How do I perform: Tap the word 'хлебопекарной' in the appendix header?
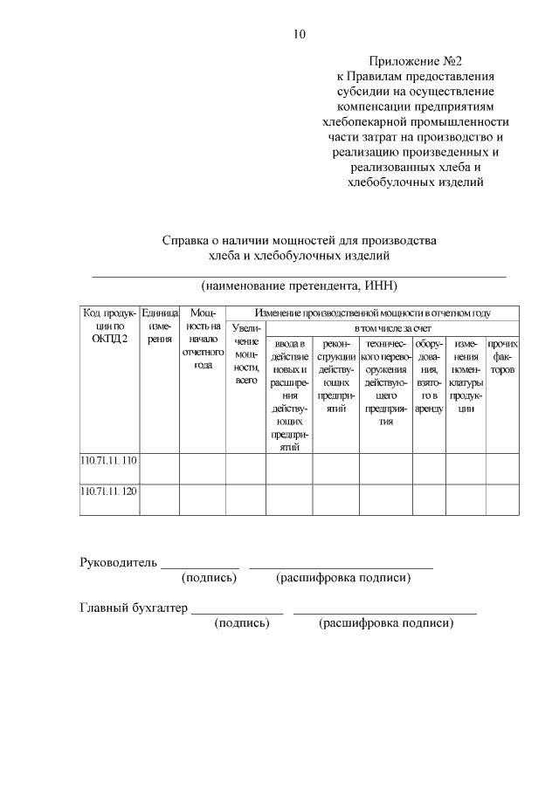tap(367, 122)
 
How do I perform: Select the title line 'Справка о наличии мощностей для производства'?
tap(299, 240)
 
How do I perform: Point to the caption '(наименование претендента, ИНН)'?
tap(299, 285)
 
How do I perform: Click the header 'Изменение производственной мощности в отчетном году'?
tap(372, 313)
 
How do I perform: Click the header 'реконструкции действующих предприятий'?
tap(335, 375)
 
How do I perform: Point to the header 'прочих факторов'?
tap(502, 357)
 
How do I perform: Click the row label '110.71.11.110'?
tap(109, 460)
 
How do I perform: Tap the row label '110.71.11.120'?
tap(109, 491)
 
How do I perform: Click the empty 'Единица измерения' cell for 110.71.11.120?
tap(159, 499)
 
